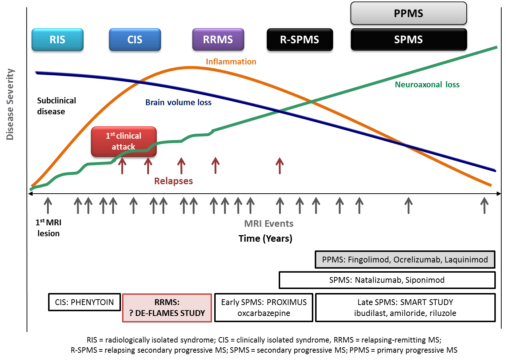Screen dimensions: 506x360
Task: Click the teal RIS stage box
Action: (58, 40)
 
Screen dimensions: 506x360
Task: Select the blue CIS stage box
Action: (135, 40)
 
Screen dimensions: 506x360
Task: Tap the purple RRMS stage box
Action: (218, 39)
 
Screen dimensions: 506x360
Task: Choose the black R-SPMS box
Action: (300, 40)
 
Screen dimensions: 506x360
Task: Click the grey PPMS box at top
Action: (409, 13)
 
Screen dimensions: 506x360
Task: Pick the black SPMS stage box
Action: (409, 40)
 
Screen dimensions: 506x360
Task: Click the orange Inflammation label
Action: (231, 62)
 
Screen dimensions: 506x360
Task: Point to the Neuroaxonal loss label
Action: (427, 84)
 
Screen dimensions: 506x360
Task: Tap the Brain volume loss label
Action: (179, 102)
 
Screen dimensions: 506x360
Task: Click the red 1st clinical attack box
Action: (124, 142)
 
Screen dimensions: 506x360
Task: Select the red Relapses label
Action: (173, 181)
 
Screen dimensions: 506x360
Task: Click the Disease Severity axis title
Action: (10, 104)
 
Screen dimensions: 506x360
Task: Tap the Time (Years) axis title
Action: (266, 238)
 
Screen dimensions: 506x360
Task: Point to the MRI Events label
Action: (269, 223)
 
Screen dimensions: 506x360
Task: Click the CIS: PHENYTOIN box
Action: (85, 302)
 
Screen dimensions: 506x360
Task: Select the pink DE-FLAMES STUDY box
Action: (167, 308)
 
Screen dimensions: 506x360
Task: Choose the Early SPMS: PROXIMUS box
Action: (264, 308)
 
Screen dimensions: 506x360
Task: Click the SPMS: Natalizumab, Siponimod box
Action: (387, 280)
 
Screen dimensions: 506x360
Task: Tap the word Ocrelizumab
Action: (418, 260)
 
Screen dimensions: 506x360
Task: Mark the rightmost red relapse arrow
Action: (280, 166)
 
